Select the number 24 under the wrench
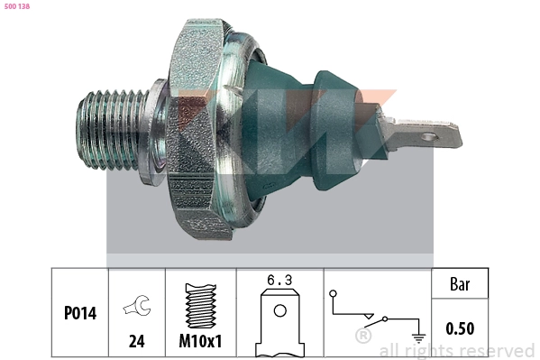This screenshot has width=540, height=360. tap(136, 340)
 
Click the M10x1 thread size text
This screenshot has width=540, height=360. tap(201, 340)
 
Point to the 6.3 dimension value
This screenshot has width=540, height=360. tap(279, 281)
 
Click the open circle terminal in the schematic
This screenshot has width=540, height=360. tap(333, 293)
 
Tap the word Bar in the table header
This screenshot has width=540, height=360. tap(460, 283)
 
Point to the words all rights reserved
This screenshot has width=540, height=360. tap(456, 350)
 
